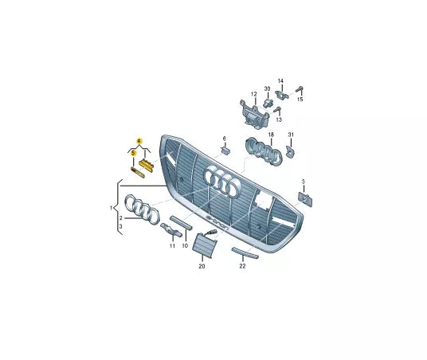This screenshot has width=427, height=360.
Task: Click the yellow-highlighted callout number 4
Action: pyautogui.click(x=139, y=141)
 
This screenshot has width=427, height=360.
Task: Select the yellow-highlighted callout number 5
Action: pyautogui.click(x=133, y=153)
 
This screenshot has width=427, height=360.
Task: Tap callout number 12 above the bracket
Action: pyautogui.click(x=254, y=94)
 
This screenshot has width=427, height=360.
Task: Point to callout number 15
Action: pyautogui.click(x=300, y=100)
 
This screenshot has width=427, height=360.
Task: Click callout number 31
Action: pyautogui.click(x=291, y=135)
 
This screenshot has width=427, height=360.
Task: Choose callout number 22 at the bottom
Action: pyautogui.click(x=242, y=266)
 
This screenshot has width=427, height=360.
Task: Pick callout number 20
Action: pyautogui.click(x=202, y=266)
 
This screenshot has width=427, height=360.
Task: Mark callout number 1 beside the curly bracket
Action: pyautogui.click(x=111, y=208)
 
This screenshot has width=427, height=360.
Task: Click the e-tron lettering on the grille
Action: pyautogui.click(x=217, y=223)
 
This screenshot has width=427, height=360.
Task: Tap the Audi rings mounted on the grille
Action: pyautogui.click(x=223, y=181)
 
